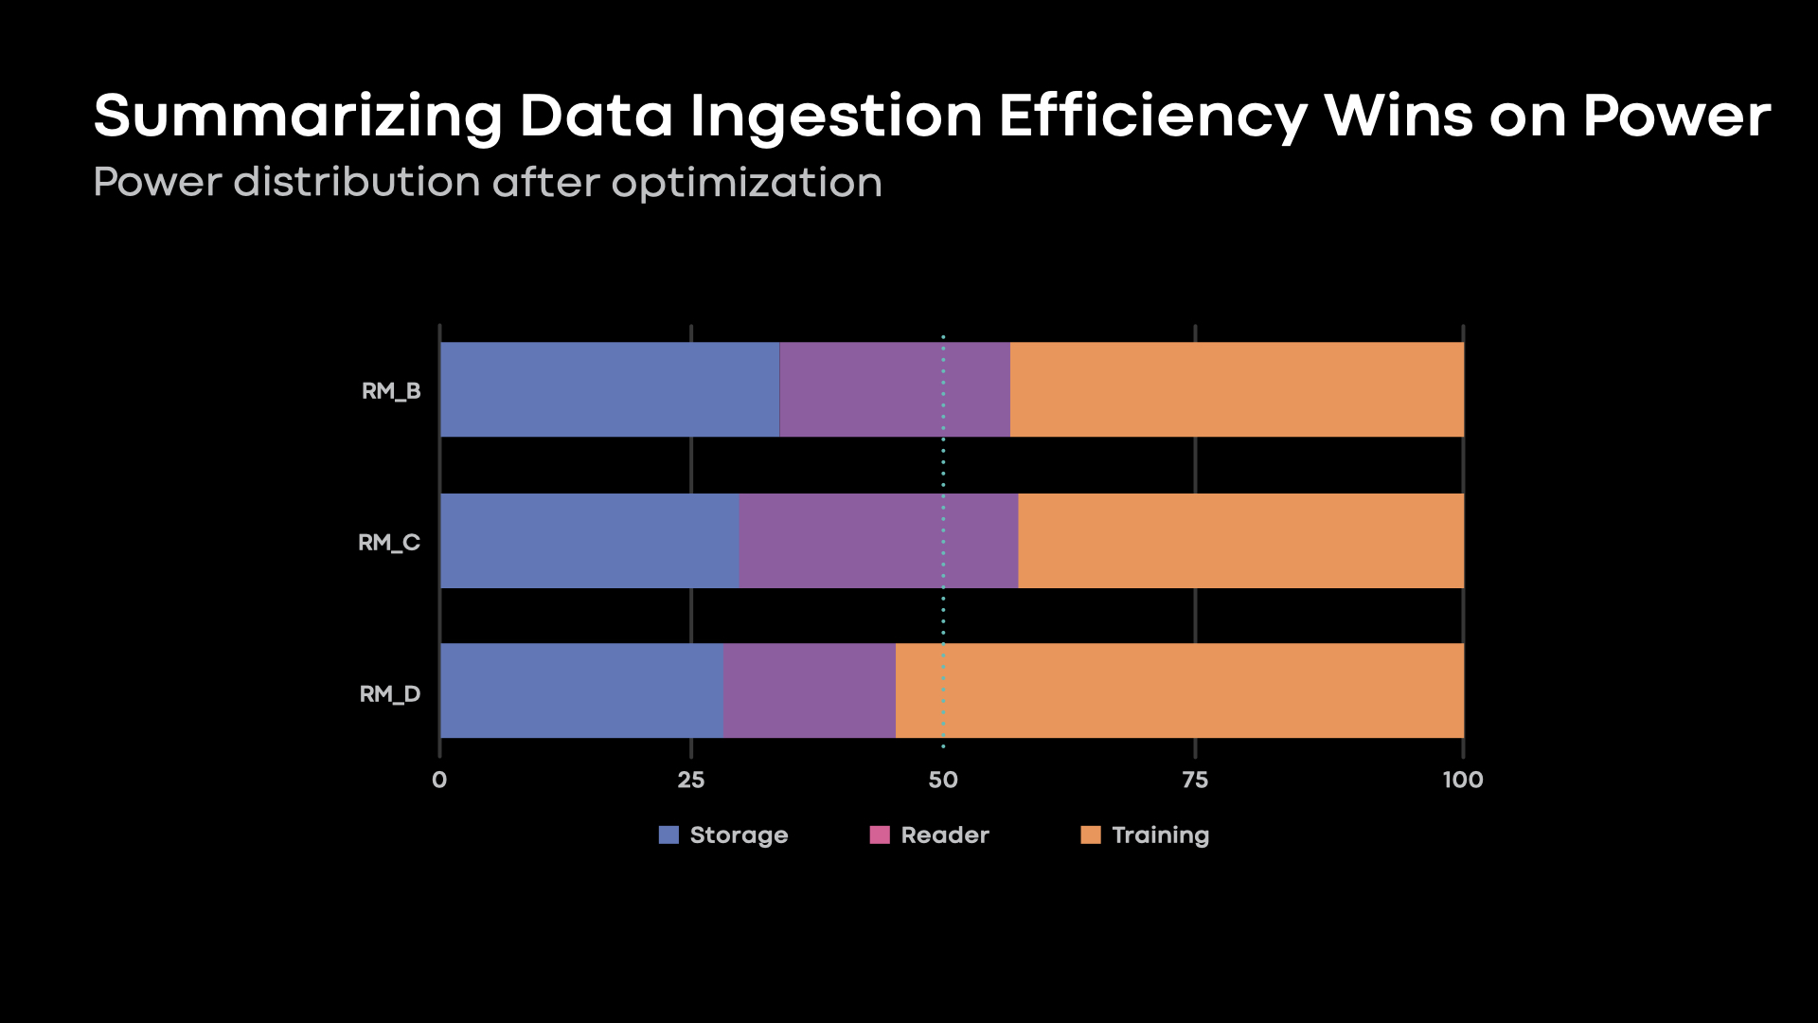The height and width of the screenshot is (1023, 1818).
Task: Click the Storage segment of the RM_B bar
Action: [x=610, y=389]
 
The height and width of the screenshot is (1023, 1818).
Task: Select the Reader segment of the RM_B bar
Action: [x=895, y=389]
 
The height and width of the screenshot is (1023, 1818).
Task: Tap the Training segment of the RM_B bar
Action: [x=1237, y=389]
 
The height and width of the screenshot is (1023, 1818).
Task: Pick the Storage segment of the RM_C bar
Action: [x=589, y=541]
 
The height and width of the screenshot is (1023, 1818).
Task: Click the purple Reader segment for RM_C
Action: [x=879, y=541]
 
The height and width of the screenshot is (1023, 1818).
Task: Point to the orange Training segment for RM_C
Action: [x=1240, y=541]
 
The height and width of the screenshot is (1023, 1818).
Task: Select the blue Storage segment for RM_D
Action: [x=581, y=691]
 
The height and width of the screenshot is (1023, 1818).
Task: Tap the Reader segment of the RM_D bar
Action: [x=810, y=691]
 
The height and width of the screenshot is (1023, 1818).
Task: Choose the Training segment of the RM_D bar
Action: [x=1180, y=691]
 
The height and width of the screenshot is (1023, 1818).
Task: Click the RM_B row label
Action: [x=391, y=391]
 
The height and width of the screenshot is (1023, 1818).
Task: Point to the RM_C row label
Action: [x=389, y=543]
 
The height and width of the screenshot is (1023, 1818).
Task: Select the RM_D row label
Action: [x=390, y=694]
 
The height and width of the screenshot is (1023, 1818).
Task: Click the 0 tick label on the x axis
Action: [x=439, y=780]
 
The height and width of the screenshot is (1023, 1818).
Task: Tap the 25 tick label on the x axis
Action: [x=691, y=780]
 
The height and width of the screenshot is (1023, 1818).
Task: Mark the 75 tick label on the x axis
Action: [x=1195, y=780]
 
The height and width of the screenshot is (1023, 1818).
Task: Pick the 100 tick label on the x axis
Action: [x=1463, y=780]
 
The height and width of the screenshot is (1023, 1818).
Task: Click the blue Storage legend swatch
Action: [x=668, y=835]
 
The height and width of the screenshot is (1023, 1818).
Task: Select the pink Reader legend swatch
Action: [x=880, y=835]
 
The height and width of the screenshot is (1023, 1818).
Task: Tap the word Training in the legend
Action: [x=1161, y=835]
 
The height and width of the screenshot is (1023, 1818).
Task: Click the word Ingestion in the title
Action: [x=836, y=117]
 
